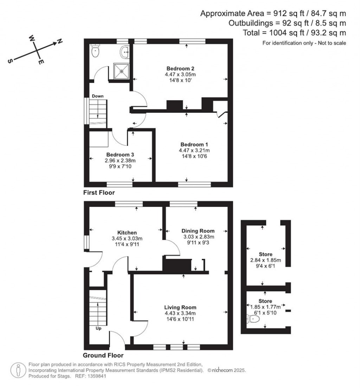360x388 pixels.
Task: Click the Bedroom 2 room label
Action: (181, 68)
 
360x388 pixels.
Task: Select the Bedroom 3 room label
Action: (120, 154)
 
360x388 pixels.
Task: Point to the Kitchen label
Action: (127, 233)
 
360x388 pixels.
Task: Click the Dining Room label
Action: (198, 231)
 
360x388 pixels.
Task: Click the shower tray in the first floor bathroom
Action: (122, 71)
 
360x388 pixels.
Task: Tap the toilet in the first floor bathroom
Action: (95, 52)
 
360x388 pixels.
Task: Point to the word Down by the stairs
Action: (97, 96)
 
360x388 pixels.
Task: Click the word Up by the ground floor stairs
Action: (99, 329)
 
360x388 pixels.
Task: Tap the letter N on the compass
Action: (60, 41)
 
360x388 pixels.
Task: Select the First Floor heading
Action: (99, 193)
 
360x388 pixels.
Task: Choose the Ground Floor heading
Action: (103, 355)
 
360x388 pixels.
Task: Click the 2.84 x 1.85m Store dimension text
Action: (265, 260)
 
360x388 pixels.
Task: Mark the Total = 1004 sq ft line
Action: (295, 33)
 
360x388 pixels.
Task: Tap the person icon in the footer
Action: (17, 370)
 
